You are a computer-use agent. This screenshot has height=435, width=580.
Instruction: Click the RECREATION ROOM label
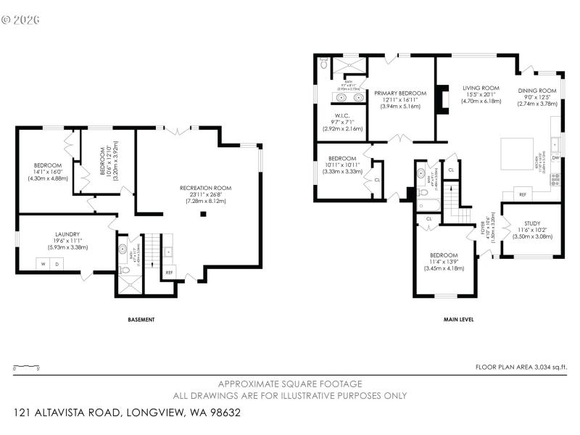[x=206, y=188]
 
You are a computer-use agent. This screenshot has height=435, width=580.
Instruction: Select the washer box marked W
[x=43, y=264]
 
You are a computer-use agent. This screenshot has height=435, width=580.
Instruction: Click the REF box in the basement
[x=169, y=273]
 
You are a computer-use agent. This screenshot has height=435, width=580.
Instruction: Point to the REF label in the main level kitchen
[x=522, y=195]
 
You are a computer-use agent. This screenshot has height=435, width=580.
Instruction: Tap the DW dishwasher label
[x=555, y=157]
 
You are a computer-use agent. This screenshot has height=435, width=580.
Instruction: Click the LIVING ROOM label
[x=481, y=88]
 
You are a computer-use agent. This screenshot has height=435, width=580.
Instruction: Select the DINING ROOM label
[x=537, y=91]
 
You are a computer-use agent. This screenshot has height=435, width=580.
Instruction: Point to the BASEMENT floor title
[x=141, y=320]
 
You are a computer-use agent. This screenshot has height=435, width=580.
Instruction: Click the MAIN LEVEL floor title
[x=458, y=320]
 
